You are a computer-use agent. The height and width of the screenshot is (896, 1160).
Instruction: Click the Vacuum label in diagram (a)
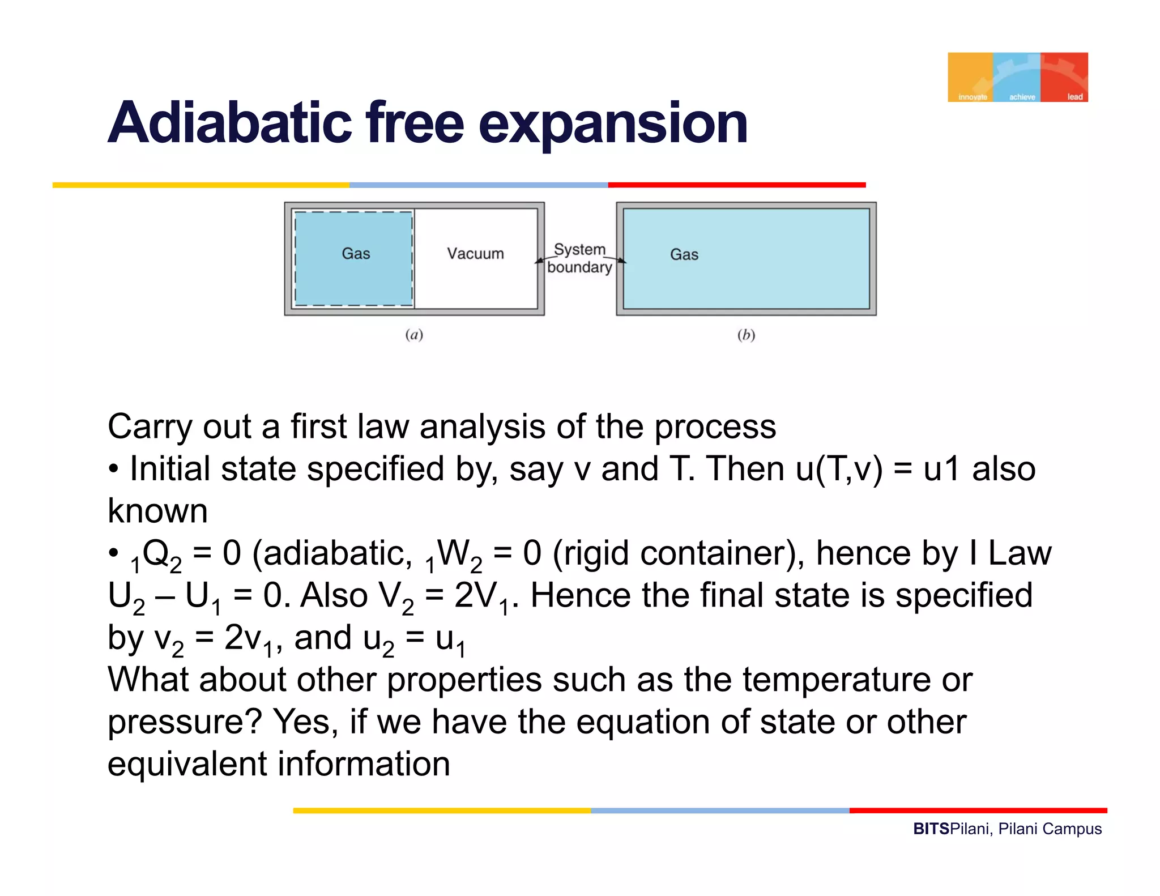coord(475,253)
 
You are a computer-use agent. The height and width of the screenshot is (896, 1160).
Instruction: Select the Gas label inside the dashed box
coord(356,253)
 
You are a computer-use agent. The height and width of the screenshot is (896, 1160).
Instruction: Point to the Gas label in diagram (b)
coord(684,254)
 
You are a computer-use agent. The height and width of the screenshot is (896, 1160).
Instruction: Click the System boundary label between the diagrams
coord(579,258)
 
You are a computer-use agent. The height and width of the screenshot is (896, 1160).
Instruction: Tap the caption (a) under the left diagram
coord(414,335)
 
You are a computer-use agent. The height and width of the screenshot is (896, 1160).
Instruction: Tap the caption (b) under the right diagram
coord(746,335)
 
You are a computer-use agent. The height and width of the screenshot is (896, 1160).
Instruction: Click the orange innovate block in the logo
coord(970,77)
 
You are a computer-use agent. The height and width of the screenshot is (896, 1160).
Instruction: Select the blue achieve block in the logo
coord(1017,77)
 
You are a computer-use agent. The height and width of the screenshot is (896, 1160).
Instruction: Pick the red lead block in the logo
coord(1065,77)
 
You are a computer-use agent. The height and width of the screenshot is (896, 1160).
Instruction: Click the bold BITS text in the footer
coord(931,829)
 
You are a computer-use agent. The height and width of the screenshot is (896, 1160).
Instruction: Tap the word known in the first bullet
coord(157,511)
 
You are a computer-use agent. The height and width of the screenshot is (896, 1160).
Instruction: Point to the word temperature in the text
coord(836,679)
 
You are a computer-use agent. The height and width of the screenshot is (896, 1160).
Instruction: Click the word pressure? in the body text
coord(185,722)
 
